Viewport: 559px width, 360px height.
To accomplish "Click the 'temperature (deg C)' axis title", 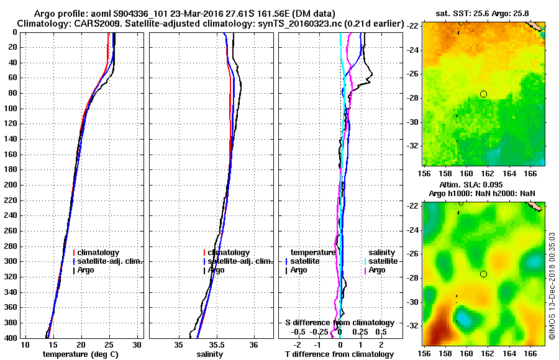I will coord(81,354).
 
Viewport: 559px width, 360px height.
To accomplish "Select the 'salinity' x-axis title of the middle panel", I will coord(210,354).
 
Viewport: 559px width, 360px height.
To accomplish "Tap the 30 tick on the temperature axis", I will coord(137,344).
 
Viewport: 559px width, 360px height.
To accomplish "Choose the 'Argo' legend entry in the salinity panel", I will coord(217,270).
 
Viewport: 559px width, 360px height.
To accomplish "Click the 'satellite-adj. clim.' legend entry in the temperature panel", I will coord(109,261).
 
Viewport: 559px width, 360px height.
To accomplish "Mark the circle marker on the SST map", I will coord(483,94).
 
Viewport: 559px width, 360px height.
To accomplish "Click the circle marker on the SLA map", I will coord(483,274).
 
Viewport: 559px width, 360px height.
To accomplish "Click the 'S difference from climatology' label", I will coord(339,323).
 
